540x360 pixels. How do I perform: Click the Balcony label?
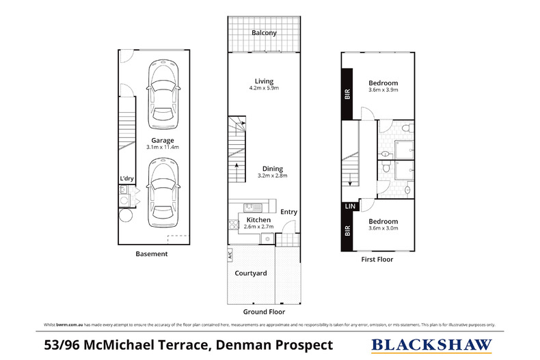pos(264,33)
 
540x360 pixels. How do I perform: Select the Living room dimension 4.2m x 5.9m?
pos(263,89)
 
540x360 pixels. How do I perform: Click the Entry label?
pos(288,212)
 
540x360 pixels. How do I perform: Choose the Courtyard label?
pos(251,273)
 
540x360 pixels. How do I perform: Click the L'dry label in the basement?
pos(126,179)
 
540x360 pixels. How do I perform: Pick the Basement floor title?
pos(151,254)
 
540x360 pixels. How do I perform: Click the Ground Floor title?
pos(263,311)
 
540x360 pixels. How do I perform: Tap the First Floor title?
pos(378,260)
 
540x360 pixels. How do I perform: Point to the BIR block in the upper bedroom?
pos(347,95)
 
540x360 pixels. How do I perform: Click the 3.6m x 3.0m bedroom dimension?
pos(382,229)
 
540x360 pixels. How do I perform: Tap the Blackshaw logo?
pos(431,345)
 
